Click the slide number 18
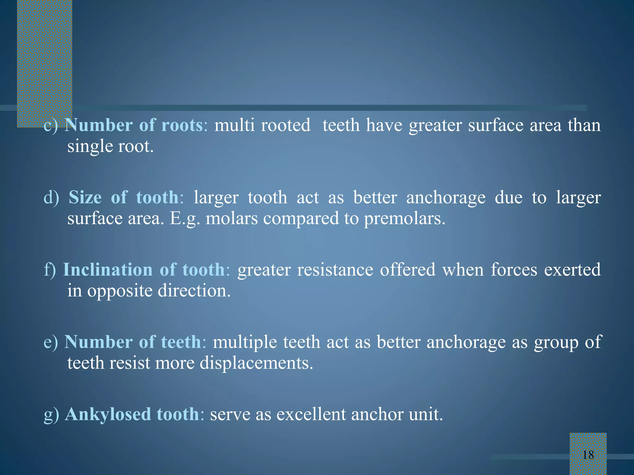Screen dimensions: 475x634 click(x=588, y=455)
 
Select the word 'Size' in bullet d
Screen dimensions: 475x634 click(x=85, y=197)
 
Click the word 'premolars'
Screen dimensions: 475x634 click(x=404, y=219)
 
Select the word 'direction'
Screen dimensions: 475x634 click(x=194, y=291)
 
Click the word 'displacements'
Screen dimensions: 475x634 click(x=256, y=363)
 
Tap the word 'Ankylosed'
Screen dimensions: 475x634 click(x=108, y=414)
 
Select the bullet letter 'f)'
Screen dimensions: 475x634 click(x=50, y=270)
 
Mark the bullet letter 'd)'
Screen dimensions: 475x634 click(x=51, y=197)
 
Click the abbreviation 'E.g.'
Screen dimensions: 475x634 click(x=185, y=219)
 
